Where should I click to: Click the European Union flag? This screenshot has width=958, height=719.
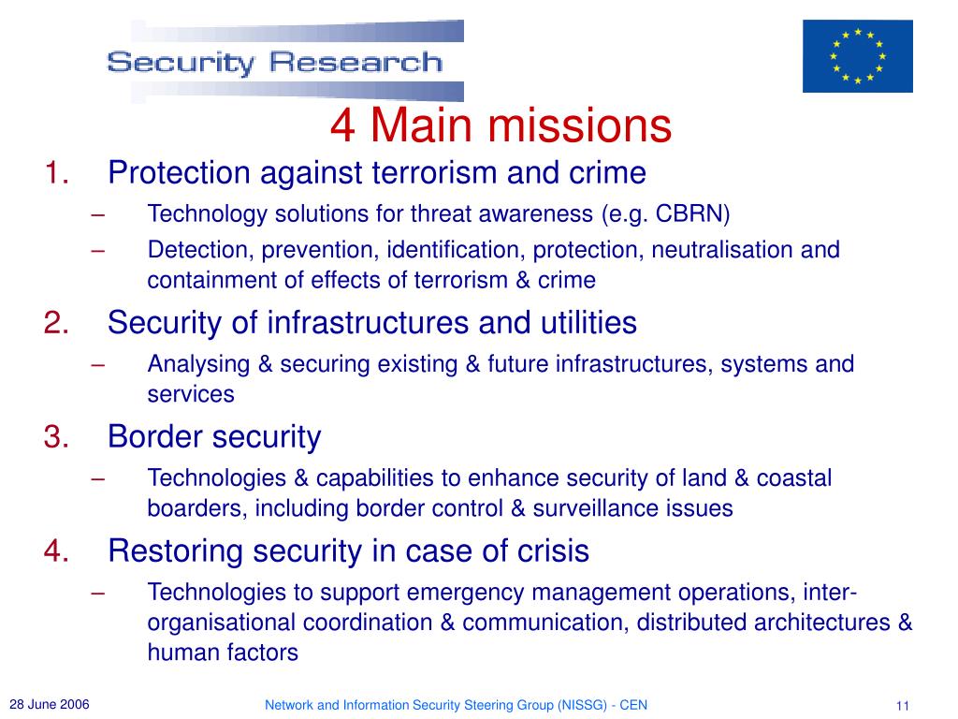pos(857,56)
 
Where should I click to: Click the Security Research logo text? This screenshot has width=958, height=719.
pos(274,63)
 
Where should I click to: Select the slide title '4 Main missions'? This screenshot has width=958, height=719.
pos(501,125)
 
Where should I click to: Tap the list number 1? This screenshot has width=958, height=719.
pos(56,172)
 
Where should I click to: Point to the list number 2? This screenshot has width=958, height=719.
pos(56,322)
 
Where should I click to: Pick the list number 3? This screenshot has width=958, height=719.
pos(56,436)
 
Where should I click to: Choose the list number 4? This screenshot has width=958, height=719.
pos(56,550)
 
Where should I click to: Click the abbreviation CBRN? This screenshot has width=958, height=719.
pos(689,214)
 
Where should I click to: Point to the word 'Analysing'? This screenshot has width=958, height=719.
pos(198,365)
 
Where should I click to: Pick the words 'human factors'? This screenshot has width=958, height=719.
pos(223,653)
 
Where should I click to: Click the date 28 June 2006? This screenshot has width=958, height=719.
pos(50,704)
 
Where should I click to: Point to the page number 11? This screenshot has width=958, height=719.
pos(903,706)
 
